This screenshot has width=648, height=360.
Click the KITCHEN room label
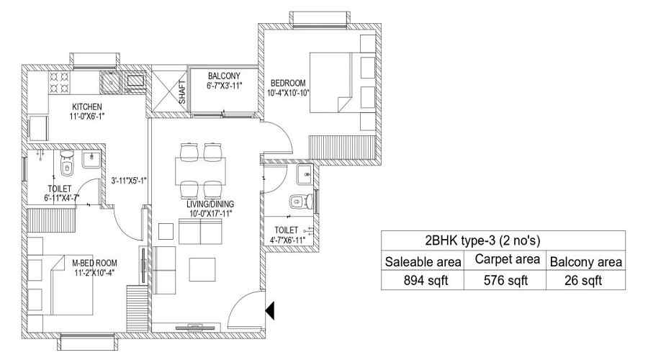[87, 107]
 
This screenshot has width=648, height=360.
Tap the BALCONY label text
[224, 76]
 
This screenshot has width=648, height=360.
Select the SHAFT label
[182, 91]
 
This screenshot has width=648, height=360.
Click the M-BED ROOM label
[94, 263]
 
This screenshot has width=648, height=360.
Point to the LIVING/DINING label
[210, 204]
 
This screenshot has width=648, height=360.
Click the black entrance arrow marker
[269, 310]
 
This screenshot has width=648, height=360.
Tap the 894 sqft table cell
[426, 280]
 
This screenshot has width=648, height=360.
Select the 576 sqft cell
[505, 280]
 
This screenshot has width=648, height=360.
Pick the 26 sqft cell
[583, 280]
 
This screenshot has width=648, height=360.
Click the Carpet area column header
[507, 259]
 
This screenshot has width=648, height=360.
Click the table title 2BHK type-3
[482, 240]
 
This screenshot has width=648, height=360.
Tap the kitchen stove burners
[60, 82]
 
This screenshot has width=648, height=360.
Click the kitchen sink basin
[110, 82]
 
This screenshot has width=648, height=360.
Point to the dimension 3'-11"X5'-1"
[129, 181]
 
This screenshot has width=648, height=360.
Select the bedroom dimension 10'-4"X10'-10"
[288, 93]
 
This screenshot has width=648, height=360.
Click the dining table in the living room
[200, 171]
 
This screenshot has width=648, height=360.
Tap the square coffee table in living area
[202, 269]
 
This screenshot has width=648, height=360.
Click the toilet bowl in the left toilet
[66, 164]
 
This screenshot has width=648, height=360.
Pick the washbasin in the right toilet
[305, 175]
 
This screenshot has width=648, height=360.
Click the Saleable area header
[423, 261]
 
